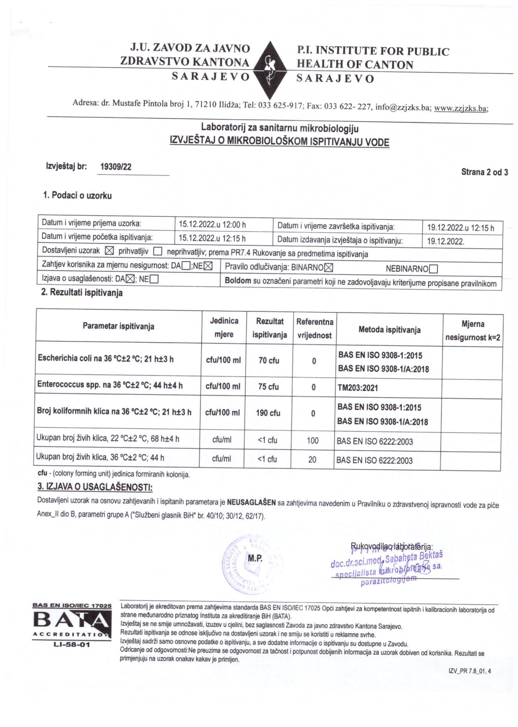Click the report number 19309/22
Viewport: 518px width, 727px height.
click(116, 167)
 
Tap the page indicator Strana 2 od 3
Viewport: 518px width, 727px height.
click(485, 172)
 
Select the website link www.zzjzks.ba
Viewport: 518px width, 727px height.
click(461, 108)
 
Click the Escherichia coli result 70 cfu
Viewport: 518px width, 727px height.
click(269, 360)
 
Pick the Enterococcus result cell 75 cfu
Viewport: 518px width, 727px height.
click(268, 386)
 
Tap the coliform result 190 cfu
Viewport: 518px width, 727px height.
click(268, 413)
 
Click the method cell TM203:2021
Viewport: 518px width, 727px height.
click(358, 388)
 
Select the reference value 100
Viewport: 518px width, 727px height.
click(312, 440)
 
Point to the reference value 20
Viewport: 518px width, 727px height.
click(312, 460)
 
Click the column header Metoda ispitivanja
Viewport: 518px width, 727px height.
click(389, 330)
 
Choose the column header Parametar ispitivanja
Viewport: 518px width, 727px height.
click(118, 326)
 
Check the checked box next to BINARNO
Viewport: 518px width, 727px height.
click(329, 268)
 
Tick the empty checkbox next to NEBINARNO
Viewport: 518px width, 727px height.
click(433, 269)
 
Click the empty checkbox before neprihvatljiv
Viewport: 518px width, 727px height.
click(157, 252)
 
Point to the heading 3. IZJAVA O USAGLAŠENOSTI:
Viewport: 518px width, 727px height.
click(95, 487)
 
